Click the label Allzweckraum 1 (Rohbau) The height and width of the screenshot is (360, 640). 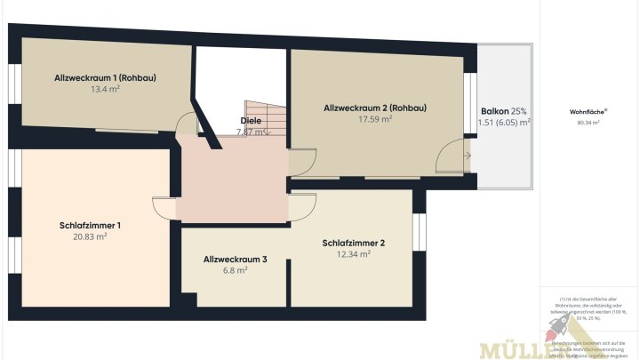[105, 77]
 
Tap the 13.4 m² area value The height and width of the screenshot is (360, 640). [105, 90]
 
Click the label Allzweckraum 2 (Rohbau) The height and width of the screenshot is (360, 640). [374, 108]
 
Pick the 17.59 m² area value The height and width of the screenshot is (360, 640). [374, 119]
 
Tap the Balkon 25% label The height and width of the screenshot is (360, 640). [504, 111]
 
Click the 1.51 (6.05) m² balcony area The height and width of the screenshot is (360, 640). [504, 123]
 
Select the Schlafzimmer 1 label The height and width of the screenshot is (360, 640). [90, 225]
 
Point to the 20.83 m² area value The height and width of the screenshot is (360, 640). [90, 236]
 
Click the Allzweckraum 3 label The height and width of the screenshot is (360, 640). [235, 259]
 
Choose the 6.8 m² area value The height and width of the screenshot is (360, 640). [235, 270]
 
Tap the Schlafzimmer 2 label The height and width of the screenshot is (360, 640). [354, 242]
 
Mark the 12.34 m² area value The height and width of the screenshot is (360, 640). [354, 253]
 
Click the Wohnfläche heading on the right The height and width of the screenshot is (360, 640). [588, 112]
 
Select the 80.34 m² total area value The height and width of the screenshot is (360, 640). [588, 123]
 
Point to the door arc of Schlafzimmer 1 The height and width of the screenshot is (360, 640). [164, 207]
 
